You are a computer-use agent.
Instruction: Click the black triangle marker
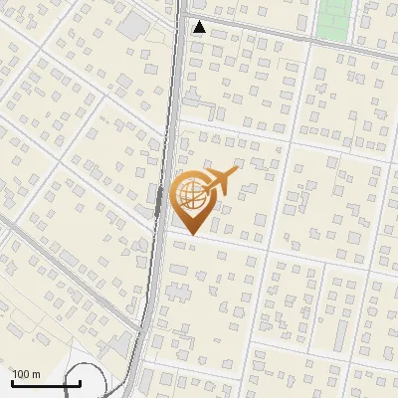pos(200,27)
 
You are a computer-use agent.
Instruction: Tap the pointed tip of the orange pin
pos(191,234)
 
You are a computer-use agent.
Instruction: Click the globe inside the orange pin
pos(190,196)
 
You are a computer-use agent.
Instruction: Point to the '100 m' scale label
pos(26,374)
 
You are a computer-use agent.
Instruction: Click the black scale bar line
pos(45,383)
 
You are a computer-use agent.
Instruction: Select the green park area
pos(335,18)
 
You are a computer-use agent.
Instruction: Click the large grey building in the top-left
pos(131,24)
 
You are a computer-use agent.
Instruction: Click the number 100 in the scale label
pos(21,374)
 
